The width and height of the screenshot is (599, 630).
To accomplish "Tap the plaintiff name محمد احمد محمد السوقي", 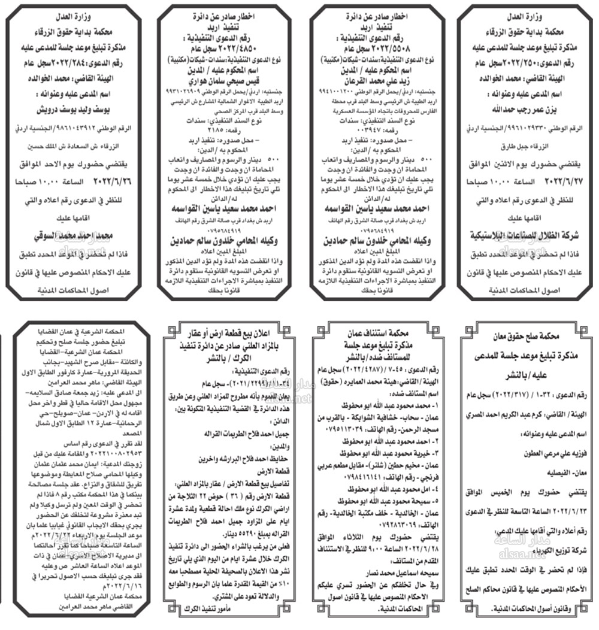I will (74, 234).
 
